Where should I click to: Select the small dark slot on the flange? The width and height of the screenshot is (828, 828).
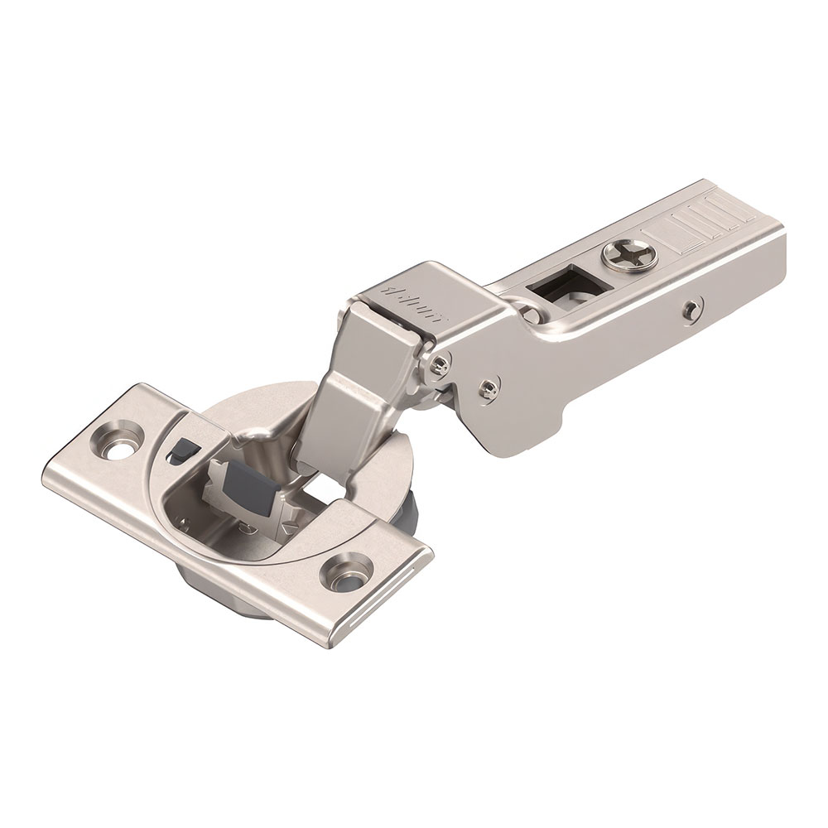(x=177, y=452)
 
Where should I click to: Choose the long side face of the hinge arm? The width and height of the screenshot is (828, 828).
(x=629, y=348)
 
